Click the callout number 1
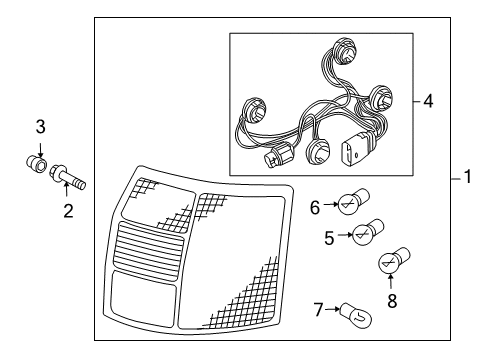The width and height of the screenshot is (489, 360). point(468,177)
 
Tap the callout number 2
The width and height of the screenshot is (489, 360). point(68,211)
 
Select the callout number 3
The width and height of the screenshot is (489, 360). point(40,127)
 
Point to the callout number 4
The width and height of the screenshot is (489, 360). point(428,101)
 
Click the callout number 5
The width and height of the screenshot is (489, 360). point(329,238)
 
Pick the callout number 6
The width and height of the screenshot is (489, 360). point(315,207)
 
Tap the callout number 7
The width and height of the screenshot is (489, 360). point(319,310)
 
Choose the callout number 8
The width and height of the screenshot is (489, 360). point(392,300)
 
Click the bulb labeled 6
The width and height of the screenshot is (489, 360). point(353,201)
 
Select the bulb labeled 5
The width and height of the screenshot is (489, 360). point(368,232)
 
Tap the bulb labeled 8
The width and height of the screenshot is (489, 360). point(394,260)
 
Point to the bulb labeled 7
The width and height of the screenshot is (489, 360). point(355,315)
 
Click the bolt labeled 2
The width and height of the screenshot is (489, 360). point(67,177)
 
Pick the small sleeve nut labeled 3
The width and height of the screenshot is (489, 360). point(36,164)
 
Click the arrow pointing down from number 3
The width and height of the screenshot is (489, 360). point(40,149)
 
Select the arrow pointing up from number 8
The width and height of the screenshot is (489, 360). point(390,281)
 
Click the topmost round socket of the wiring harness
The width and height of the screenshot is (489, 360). point(344,51)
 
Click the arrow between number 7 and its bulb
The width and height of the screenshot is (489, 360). point(332,309)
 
